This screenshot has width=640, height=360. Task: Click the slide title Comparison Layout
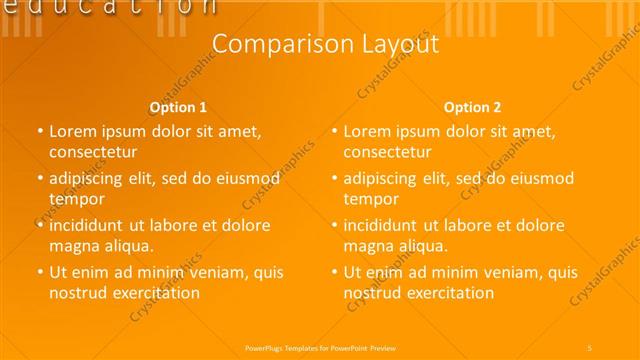[326, 44]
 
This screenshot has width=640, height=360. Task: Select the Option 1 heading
[178, 107]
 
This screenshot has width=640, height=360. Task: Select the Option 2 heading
[473, 107]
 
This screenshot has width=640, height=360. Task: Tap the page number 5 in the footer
[590, 347]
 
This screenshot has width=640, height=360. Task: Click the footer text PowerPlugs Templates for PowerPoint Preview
[320, 347]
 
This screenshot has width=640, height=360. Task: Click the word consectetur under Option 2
[388, 153]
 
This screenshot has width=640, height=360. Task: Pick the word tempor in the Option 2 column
[370, 199]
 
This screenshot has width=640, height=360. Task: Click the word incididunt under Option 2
[384, 225]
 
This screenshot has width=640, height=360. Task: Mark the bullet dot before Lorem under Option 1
[39, 131]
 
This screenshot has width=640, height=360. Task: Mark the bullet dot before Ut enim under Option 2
[334, 272]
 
